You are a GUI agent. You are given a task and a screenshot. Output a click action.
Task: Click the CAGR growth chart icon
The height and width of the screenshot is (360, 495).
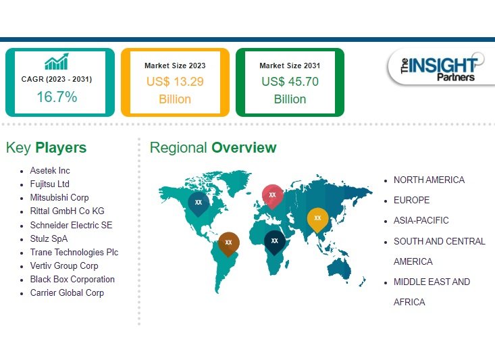[56, 62]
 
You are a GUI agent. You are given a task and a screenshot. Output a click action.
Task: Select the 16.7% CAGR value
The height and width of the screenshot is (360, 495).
[56, 97]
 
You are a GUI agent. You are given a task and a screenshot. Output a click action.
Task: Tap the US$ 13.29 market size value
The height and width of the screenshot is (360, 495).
[175, 82]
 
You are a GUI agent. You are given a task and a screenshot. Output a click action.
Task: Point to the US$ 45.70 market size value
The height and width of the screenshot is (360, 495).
[290, 82]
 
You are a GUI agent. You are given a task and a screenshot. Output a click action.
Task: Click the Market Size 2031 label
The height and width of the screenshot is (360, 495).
[290, 66]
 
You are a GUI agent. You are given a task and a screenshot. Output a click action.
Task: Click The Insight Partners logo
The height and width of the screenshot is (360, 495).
[438, 68]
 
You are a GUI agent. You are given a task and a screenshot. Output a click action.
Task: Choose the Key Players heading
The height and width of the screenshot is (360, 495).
[46, 147]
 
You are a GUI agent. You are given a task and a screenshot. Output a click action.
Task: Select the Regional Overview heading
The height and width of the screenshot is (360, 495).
[213, 147]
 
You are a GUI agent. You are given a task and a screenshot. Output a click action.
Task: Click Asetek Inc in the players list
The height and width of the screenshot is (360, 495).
[50, 170]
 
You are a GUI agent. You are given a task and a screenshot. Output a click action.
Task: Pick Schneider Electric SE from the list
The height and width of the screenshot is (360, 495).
[71, 225]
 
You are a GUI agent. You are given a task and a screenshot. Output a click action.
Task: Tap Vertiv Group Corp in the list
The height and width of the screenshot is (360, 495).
[64, 265]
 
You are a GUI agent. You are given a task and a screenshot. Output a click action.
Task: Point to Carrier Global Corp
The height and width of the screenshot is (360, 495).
[67, 292]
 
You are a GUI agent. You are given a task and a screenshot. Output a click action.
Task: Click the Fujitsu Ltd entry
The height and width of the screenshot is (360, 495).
[50, 184]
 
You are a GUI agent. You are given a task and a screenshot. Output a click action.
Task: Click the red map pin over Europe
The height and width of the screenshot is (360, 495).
[272, 195]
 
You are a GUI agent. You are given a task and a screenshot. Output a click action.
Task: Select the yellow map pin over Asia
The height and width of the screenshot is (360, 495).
[317, 218]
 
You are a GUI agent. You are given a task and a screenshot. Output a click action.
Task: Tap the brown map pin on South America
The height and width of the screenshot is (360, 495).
[228, 242]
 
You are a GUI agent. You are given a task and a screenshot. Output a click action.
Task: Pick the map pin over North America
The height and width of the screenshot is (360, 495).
[198, 202]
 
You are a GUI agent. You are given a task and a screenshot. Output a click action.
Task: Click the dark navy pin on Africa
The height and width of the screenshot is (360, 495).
[274, 240]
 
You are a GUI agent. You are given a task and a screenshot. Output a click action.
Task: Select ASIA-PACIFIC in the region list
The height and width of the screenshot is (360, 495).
[421, 220]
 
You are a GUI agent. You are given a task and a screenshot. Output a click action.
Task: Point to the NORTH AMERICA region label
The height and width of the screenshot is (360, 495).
[429, 180]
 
